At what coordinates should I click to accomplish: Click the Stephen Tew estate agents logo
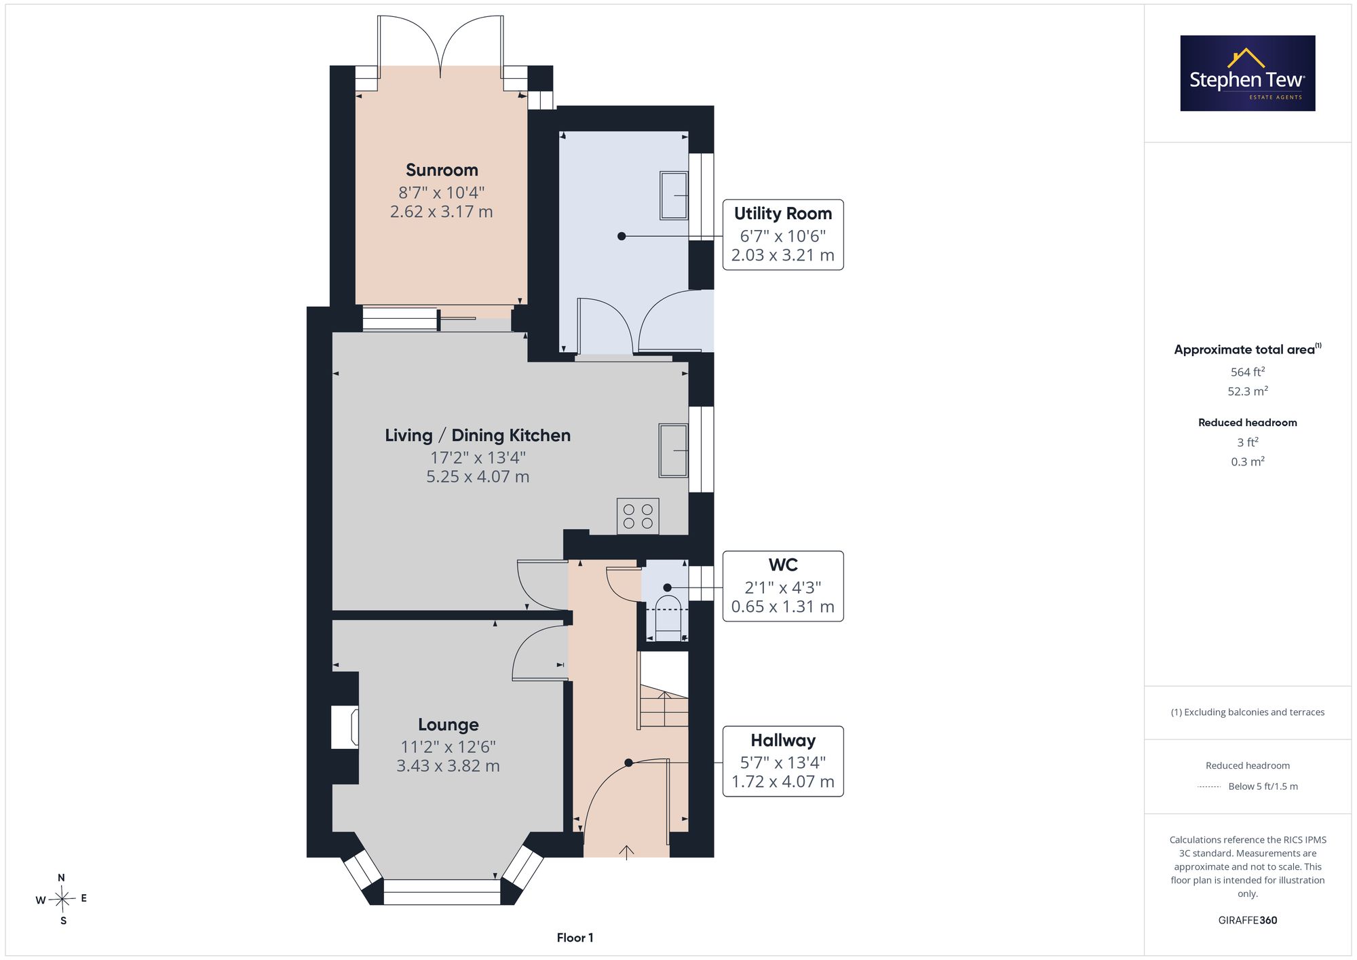click(x=1247, y=73)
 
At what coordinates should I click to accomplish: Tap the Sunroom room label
click(x=442, y=170)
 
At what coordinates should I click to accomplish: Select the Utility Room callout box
click(x=783, y=235)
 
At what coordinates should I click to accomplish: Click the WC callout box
click(x=783, y=586)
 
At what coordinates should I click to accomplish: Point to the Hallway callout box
click(x=783, y=761)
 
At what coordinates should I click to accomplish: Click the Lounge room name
click(x=448, y=725)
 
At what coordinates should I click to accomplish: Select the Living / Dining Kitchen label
click(x=478, y=436)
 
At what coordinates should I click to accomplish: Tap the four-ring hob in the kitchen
click(x=638, y=516)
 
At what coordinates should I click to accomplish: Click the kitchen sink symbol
click(x=673, y=450)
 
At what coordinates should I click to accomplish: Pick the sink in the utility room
click(x=674, y=195)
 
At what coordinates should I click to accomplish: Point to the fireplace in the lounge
click(x=345, y=727)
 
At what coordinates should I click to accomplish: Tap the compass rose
click(x=62, y=900)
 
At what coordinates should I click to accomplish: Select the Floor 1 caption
click(x=575, y=938)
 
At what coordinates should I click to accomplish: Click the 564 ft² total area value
click(x=1248, y=372)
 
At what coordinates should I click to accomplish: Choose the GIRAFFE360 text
click(x=1248, y=920)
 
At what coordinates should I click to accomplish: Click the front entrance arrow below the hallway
click(x=626, y=853)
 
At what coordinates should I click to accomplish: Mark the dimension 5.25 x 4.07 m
click(x=478, y=477)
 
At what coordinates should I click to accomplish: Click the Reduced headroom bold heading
click(x=1248, y=423)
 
